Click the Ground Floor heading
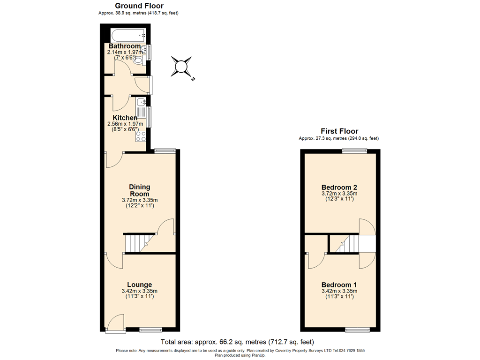(139, 6)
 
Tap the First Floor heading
(339, 131)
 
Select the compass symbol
(181, 66)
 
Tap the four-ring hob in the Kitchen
(141, 136)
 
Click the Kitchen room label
(125, 118)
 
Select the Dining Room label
(140, 190)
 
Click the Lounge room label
(139, 285)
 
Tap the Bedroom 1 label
(339, 285)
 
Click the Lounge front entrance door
(115, 324)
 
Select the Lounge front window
(150, 330)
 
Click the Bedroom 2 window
(354, 150)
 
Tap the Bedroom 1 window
(357, 330)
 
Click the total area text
(237, 342)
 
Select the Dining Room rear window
(165, 150)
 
